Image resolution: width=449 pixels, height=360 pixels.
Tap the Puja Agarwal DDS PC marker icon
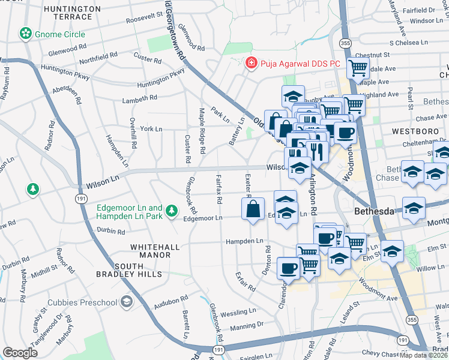250,62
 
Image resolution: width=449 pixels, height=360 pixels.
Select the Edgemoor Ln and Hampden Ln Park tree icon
172,210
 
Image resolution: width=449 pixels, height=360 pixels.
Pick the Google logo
20,353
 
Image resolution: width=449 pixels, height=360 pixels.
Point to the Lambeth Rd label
140,99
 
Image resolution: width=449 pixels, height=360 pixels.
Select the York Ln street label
151,129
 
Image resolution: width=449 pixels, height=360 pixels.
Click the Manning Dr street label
246,326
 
